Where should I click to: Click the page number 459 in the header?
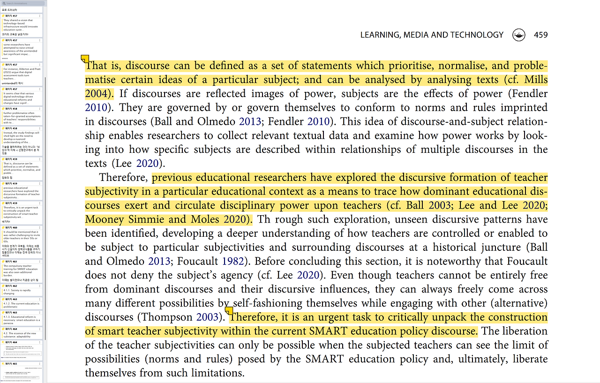540,35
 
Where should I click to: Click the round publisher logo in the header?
519,35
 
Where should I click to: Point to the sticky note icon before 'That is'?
85,59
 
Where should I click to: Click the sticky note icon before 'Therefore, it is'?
229,310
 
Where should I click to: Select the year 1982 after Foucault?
233,261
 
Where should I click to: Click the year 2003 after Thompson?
207,317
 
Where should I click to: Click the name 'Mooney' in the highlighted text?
103,219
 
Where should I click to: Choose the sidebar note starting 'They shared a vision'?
19,23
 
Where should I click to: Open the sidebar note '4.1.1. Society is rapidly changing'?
21,292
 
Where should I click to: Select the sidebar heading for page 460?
11,227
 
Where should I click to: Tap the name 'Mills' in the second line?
536,79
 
